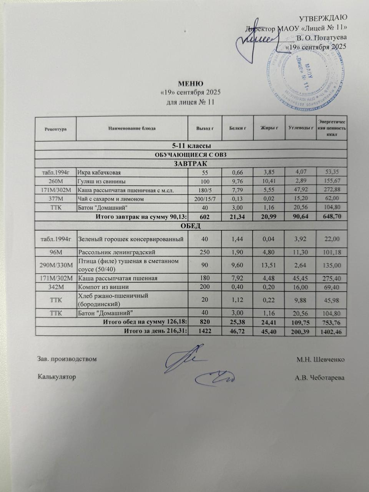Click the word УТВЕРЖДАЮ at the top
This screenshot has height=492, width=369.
pyautogui.click(x=324, y=18)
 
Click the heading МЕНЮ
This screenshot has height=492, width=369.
pyautogui.click(x=189, y=84)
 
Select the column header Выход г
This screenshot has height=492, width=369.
pyautogui.click(x=205, y=128)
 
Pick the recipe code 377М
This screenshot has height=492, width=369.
pyautogui.click(x=56, y=199)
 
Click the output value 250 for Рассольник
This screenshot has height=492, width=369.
pyautogui.click(x=205, y=253)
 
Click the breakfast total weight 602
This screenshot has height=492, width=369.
pyautogui.click(x=205, y=217)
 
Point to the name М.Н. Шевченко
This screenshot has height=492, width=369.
pyautogui.click(x=320, y=359)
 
